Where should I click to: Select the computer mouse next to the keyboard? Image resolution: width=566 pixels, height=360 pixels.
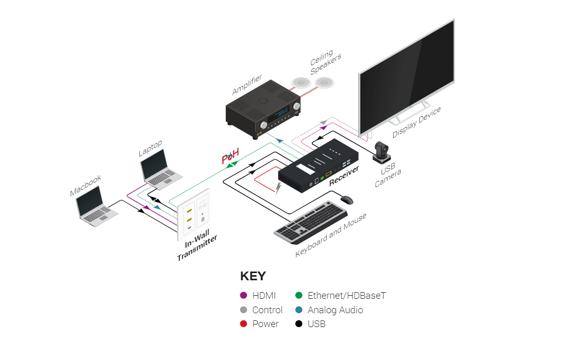(x=347, y=200)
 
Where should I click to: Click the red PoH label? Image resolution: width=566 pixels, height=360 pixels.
(x=231, y=156)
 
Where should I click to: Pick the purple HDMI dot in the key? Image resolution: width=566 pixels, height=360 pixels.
(x=244, y=295)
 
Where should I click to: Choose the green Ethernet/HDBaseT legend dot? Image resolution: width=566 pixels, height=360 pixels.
(x=299, y=295)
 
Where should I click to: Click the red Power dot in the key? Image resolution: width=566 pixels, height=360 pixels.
(x=244, y=323)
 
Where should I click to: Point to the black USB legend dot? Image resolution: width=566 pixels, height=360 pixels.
(x=299, y=323)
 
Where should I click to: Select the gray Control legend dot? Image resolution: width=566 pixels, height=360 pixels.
(x=244, y=310)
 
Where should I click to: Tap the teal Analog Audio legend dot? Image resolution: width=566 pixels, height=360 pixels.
(x=299, y=310)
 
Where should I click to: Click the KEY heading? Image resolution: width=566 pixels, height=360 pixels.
(x=253, y=276)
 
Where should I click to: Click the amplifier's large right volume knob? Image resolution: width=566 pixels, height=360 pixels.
(x=297, y=106)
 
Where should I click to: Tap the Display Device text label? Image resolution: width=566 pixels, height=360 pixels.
(x=417, y=122)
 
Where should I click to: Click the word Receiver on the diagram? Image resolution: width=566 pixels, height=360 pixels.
(x=344, y=176)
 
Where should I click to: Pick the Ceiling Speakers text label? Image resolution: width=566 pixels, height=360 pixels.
(x=325, y=62)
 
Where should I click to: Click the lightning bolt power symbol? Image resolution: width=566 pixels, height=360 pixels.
(x=278, y=188)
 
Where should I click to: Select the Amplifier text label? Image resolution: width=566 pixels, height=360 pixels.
(x=247, y=85)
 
